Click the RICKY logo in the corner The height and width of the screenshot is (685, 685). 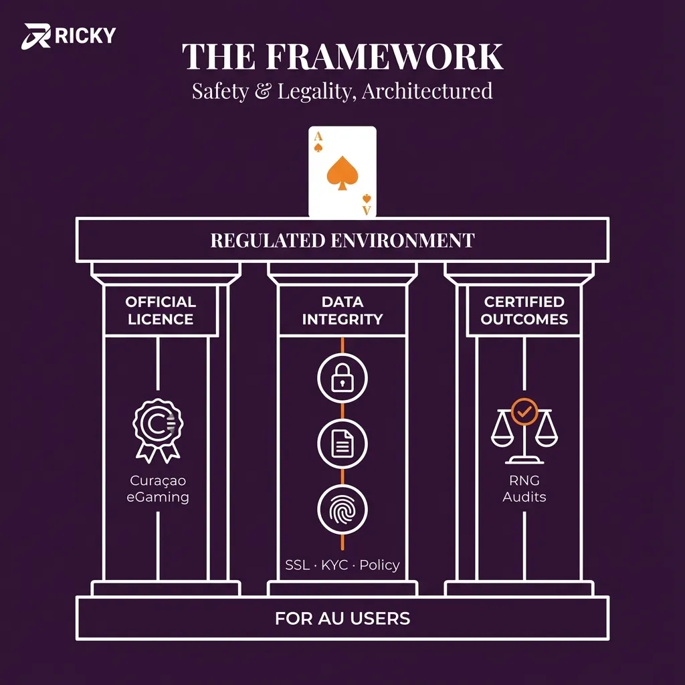pos(70,35)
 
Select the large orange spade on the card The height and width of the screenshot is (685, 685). pos(342,173)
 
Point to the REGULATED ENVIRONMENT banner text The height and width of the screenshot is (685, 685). pos(342,240)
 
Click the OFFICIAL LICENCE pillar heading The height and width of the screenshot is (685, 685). pos(161,310)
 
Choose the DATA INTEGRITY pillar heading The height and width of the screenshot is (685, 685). pos(342,310)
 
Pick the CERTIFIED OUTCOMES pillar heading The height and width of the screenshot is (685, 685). pos(524,310)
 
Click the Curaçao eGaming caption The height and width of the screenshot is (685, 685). pos(158,489)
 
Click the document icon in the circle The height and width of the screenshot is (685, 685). pos(342,443)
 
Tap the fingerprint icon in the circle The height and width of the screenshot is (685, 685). pos(342,509)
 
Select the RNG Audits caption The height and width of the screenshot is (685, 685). pos(524,489)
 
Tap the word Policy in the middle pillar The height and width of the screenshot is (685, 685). pos(379,565)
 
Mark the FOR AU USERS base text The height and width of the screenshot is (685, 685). pos(342,618)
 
